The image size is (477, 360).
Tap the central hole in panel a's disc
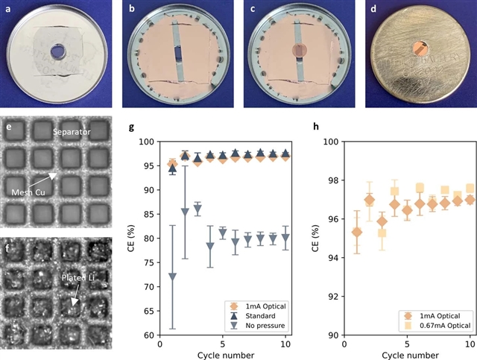(x=57, y=54)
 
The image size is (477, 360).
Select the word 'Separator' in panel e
(x=72, y=132)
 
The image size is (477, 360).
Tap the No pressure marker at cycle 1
(x=173, y=277)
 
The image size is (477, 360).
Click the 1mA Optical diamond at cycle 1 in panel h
(x=356, y=232)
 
